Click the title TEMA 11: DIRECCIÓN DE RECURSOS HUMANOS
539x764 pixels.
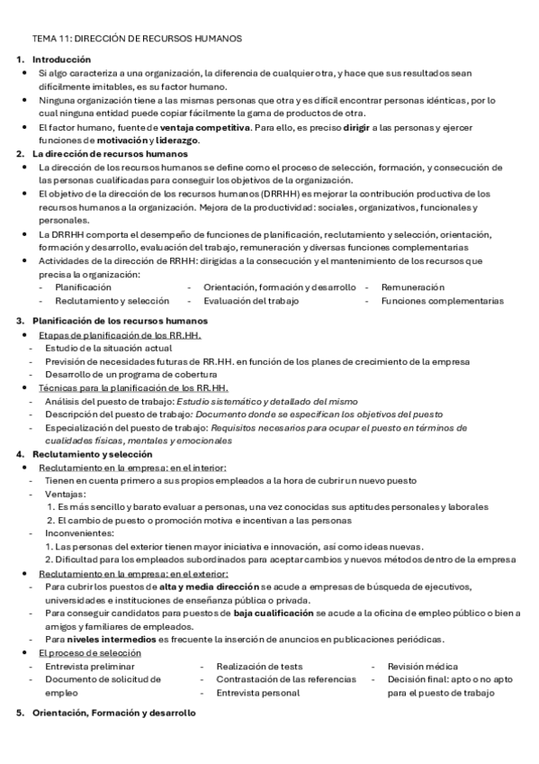tap(136, 40)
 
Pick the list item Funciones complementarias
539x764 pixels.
tap(442, 301)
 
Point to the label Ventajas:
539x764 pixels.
tap(66, 495)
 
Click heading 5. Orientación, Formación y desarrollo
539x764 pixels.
tap(112, 713)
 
